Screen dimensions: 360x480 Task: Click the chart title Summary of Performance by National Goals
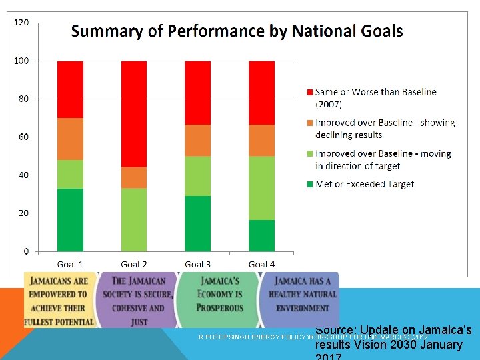pos(237,31)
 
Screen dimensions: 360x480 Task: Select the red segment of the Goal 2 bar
pos(134,113)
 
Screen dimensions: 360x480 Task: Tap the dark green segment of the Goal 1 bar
pos(70,219)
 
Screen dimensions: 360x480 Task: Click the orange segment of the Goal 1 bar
pos(70,139)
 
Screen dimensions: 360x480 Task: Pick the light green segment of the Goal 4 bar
pos(261,188)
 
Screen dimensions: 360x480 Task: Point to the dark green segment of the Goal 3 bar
pos(197,223)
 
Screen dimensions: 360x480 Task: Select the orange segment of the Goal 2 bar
pos(134,177)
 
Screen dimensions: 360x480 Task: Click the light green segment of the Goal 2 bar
pos(134,219)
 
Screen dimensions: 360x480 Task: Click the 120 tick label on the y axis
pos(21,23)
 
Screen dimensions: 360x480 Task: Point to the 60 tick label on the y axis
pos(23,137)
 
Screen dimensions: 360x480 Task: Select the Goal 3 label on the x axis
pos(197,265)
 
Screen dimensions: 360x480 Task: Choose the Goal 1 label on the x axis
pos(70,265)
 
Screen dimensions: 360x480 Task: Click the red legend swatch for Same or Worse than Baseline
pos(309,92)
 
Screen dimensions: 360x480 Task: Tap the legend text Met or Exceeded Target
pos(365,184)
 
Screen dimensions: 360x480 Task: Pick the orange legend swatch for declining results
pos(309,123)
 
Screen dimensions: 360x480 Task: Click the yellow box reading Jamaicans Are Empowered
pos(59,300)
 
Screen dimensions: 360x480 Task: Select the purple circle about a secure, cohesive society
pos(138,300)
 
